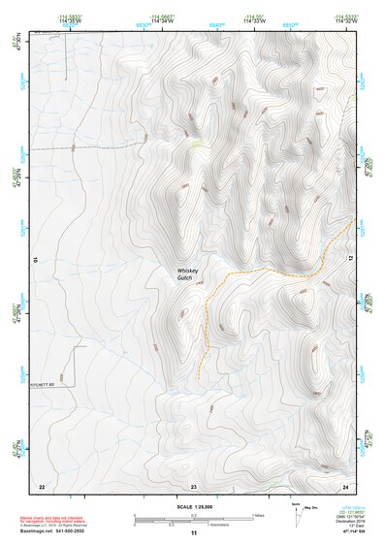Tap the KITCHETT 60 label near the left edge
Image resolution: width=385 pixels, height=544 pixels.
(47, 386)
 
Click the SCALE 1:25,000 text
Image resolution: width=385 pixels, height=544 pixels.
(192, 506)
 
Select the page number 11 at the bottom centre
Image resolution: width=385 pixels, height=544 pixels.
(193, 534)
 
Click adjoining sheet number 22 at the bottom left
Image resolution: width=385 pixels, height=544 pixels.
(42, 485)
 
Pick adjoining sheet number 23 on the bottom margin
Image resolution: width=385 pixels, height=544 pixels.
(193, 485)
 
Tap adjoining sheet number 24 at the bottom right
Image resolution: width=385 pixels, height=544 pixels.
(344, 485)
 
